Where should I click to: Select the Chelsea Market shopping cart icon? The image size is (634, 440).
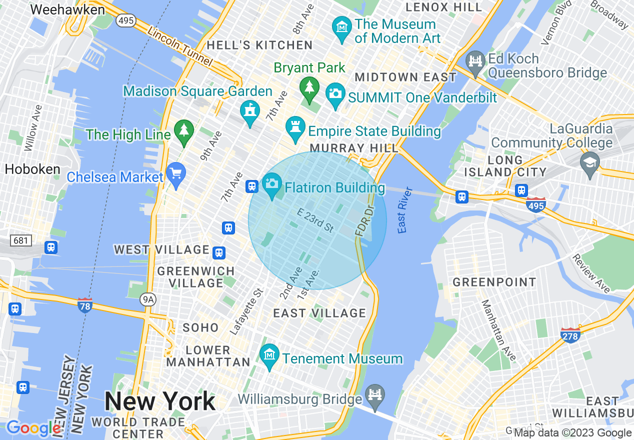[176, 174]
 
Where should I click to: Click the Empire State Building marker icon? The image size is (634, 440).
[295, 128]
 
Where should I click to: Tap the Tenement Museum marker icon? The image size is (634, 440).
[270, 355]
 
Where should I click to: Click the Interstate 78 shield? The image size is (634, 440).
[85, 304]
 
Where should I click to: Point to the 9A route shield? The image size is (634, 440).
[148, 299]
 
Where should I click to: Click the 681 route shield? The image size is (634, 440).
[20, 240]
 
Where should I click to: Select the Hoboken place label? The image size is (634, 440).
[32, 169]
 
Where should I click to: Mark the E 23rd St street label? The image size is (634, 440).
[315, 220]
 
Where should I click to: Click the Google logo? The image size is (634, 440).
[33, 428]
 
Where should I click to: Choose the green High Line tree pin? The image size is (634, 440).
[184, 131]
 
